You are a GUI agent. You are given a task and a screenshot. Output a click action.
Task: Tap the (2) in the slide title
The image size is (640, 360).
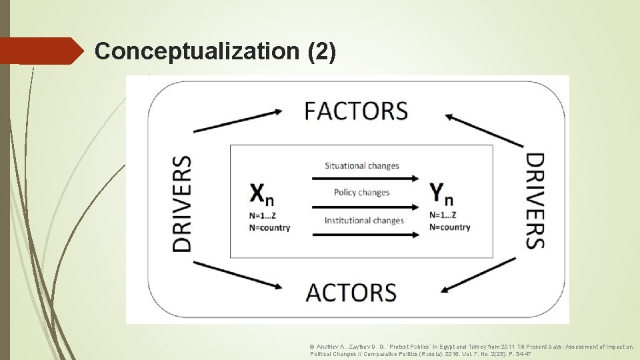323,51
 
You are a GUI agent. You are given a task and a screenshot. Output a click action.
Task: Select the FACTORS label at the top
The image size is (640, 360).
356,111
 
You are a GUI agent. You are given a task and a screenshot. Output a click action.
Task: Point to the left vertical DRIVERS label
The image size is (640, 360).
181,203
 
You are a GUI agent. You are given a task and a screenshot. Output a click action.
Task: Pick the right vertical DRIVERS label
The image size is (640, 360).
535,201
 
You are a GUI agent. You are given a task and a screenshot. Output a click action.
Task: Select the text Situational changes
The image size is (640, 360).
362,165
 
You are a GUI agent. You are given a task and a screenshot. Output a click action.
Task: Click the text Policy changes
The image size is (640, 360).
362,193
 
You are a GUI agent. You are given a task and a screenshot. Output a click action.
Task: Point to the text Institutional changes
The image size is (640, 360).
364,221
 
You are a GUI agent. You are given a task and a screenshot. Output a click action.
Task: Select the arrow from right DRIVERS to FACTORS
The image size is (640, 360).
484,130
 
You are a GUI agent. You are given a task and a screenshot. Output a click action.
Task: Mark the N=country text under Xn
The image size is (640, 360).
270,227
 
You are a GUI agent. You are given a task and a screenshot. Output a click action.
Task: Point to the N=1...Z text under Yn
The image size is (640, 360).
443,215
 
